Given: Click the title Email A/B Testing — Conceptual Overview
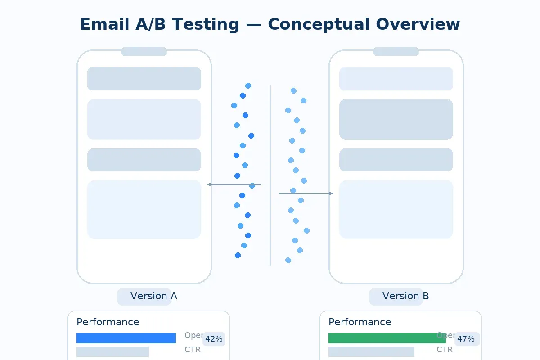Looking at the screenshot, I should [x=270, y=24].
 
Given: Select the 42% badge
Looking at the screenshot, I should [x=214, y=339].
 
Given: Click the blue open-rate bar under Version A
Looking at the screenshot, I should [x=126, y=338].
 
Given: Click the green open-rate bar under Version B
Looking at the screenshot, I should [x=387, y=338].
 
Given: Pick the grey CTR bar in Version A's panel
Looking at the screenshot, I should [x=112, y=351].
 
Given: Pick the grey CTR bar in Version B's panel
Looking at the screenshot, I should [x=371, y=351].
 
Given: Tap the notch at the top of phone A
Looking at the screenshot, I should [x=144, y=51].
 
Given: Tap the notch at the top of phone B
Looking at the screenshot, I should [x=396, y=51].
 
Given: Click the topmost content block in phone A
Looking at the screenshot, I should [x=144, y=79].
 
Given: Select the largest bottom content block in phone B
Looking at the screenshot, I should [x=396, y=209].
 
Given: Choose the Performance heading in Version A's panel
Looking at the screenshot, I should [x=108, y=322].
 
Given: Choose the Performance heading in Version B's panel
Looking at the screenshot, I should [x=360, y=322].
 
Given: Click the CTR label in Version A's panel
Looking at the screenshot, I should [x=193, y=350].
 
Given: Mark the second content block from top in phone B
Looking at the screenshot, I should [x=396, y=119].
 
